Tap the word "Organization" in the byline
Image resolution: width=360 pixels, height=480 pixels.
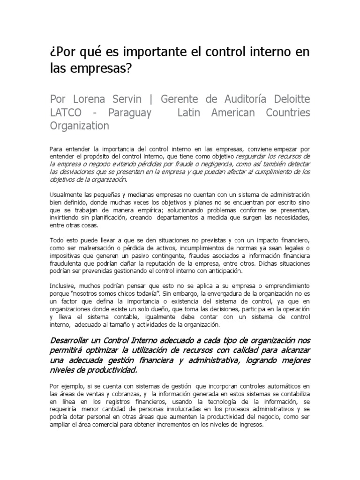tap(79, 126)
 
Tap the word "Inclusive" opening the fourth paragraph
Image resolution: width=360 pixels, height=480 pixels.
tap(63, 286)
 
